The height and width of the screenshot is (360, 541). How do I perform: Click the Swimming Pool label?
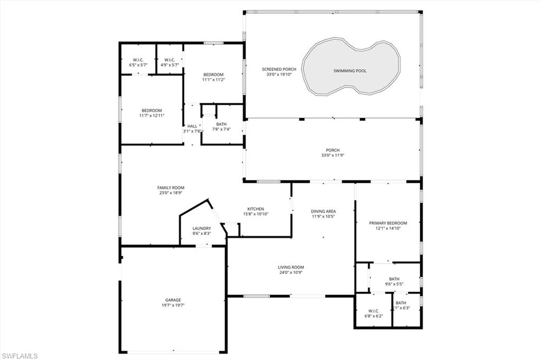coord(350,71)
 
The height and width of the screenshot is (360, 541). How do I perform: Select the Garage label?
coord(173,299)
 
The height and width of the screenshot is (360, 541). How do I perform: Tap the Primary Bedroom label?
coord(388,223)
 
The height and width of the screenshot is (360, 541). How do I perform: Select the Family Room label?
coord(171,187)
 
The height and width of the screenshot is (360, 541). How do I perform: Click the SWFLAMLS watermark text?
coord(20,355)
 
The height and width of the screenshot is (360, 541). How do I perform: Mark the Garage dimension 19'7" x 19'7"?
coord(173,305)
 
